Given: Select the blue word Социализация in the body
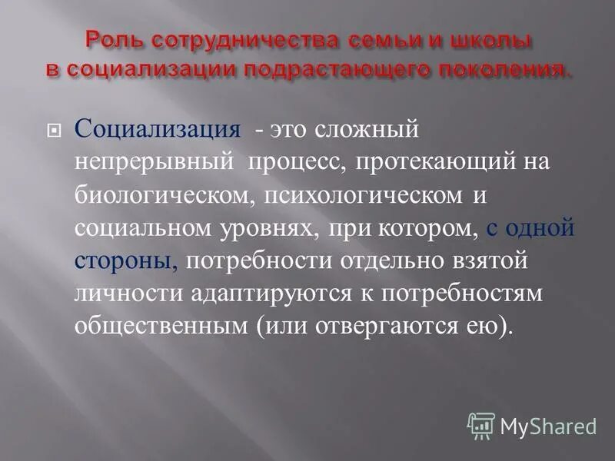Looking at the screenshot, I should click(157, 129).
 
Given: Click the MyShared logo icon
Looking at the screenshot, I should click(481, 425).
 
